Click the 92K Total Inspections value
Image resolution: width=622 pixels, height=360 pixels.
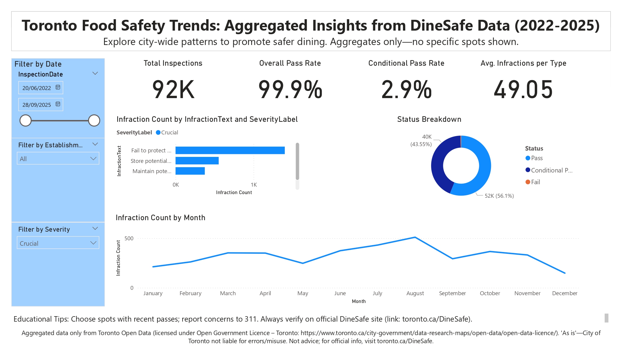click(173, 89)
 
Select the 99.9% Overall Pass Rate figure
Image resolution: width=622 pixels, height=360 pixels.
click(290, 89)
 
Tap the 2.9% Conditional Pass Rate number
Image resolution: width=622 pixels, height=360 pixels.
click(406, 89)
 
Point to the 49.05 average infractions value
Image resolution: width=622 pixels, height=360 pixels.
click(523, 89)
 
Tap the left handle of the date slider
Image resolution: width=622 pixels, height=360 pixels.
click(25, 121)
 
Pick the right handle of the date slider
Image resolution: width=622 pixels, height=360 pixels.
click(94, 121)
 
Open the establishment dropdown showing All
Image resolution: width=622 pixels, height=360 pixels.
click(58, 159)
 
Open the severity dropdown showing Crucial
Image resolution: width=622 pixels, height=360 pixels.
click(58, 243)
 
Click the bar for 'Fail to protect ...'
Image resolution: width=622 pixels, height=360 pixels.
click(230, 150)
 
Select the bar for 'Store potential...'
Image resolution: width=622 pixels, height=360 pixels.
click(197, 161)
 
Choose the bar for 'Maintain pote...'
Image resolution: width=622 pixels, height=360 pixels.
click(190, 171)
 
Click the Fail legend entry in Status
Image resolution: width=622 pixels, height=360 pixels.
click(535, 182)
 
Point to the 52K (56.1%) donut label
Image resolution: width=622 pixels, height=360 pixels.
click(499, 196)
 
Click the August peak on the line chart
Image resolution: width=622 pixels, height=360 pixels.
click(415, 237)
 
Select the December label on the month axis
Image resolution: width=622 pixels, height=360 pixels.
click(564, 293)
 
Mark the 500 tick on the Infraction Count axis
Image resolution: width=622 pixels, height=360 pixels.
click(129, 238)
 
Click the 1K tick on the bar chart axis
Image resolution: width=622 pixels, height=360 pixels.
click(254, 185)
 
